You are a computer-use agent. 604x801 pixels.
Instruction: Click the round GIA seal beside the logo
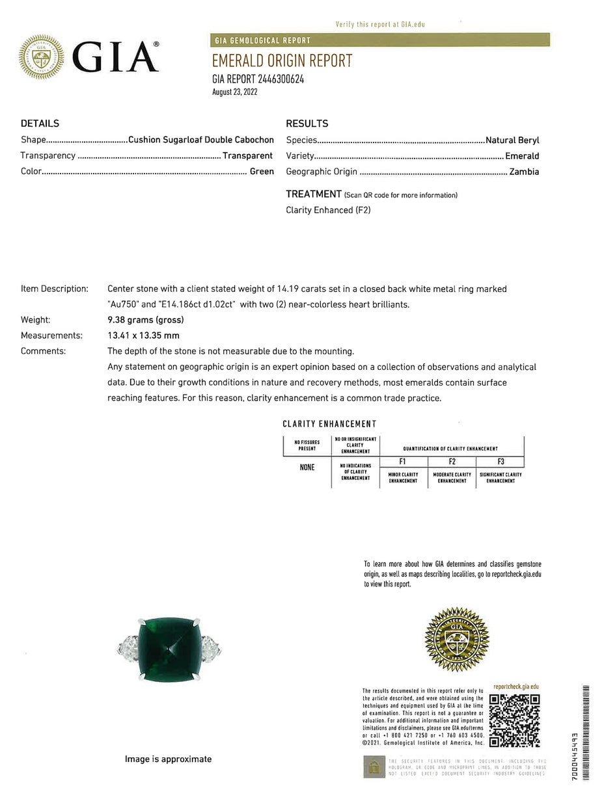tap(42, 57)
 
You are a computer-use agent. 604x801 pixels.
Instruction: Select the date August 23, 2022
tap(235, 92)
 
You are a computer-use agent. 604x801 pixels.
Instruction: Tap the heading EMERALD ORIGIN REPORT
tap(282, 60)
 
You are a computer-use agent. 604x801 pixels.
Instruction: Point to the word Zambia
tap(524, 172)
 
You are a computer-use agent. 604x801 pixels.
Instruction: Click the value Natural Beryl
tap(512, 140)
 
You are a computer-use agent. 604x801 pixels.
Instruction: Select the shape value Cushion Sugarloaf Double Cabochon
tap(201, 140)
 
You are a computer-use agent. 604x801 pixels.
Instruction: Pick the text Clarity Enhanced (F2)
tap(328, 210)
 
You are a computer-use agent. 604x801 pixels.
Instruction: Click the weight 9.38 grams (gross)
tap(145, 320)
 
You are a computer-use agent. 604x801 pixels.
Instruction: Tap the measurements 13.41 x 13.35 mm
tap(143, 335)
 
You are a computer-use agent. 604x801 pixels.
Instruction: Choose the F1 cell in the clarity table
tap(404, 462)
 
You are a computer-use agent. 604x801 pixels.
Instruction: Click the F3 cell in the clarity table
tap(501, 462)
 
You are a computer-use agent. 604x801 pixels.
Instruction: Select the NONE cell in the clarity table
tap(307, 467)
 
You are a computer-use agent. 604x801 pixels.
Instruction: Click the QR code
tap(514, 720)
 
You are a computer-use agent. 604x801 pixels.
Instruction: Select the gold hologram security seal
tap(456, 639)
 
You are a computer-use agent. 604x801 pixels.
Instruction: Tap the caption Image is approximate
tap(168, 759)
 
